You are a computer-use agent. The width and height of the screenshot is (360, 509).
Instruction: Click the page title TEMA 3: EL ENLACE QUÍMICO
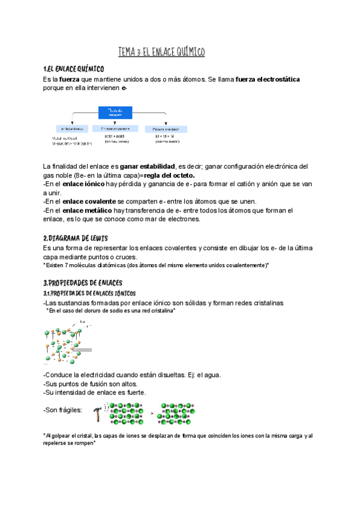pyautogui.click(x=161, y=53)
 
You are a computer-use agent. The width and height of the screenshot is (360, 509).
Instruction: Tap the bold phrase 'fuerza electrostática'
pyautogui.click(x=268, y=79)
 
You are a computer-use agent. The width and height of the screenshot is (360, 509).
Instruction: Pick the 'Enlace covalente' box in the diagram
pyautogui.click(x=115, y=128)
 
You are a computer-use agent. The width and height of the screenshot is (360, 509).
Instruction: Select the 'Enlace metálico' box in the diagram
pyautogui.click(x=166, y=128)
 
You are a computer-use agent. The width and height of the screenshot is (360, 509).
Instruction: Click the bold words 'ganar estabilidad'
pyautogui.click(x=148, y=166)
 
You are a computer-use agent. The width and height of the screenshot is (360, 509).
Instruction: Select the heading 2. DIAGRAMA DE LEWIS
pyautogui.click(x=75, y=238)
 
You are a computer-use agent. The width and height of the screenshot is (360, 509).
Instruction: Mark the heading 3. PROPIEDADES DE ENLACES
pyautogui.click(x=83, y=283)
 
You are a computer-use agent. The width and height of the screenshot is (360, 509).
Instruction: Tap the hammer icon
pyautogui.click(x=98, y=414)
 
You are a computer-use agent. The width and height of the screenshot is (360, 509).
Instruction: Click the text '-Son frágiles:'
pyautogui.click(x=64, y=410)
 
